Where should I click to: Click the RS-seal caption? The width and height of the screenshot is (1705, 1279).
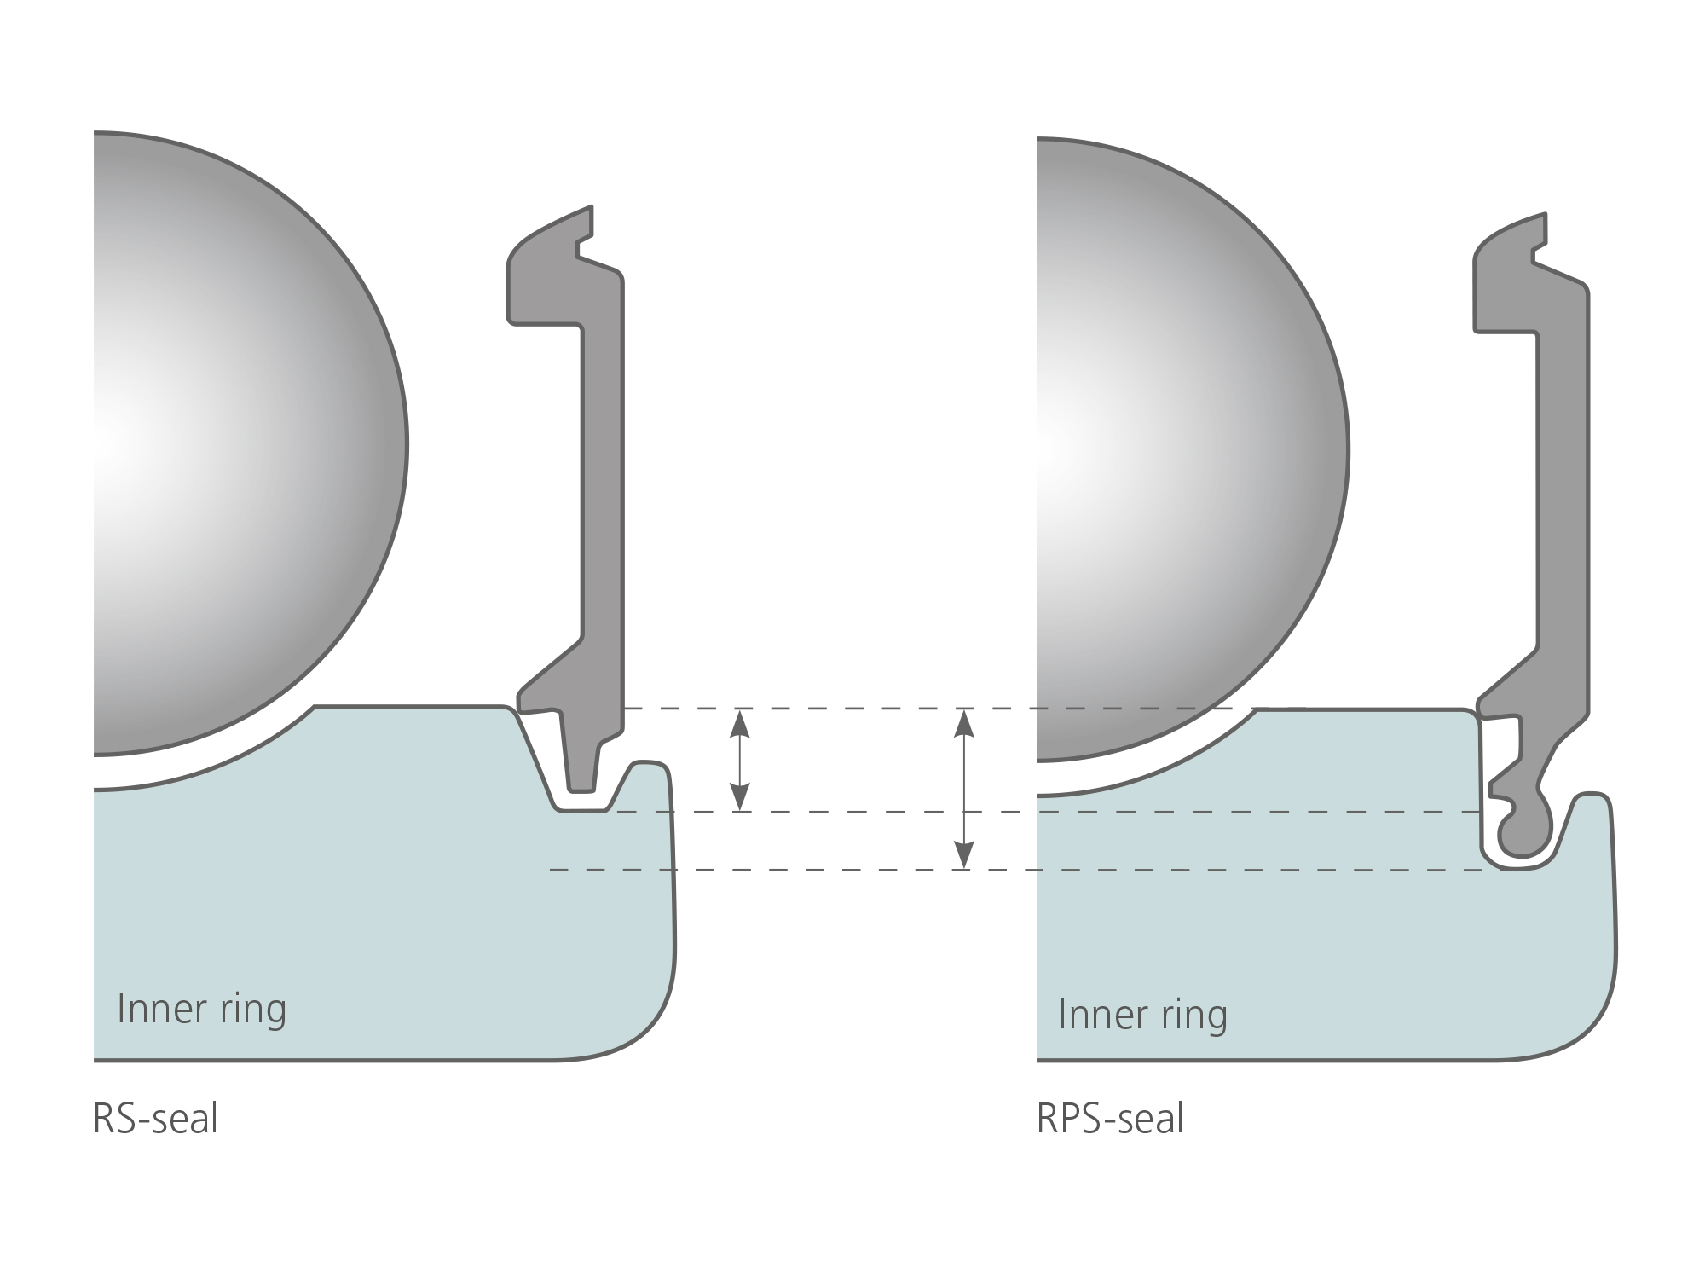(155, 1119)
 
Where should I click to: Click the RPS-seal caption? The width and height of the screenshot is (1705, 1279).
(1110, 1119)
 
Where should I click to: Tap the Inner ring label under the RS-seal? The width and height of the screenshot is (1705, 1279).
(202, 1010)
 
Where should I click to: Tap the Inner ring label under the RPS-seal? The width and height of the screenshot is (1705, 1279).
(1142, 1015)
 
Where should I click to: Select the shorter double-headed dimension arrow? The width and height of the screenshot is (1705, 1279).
(740, 760)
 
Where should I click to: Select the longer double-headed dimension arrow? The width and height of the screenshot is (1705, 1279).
(963, 789)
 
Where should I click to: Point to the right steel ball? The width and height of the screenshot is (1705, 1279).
(1193, 449)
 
